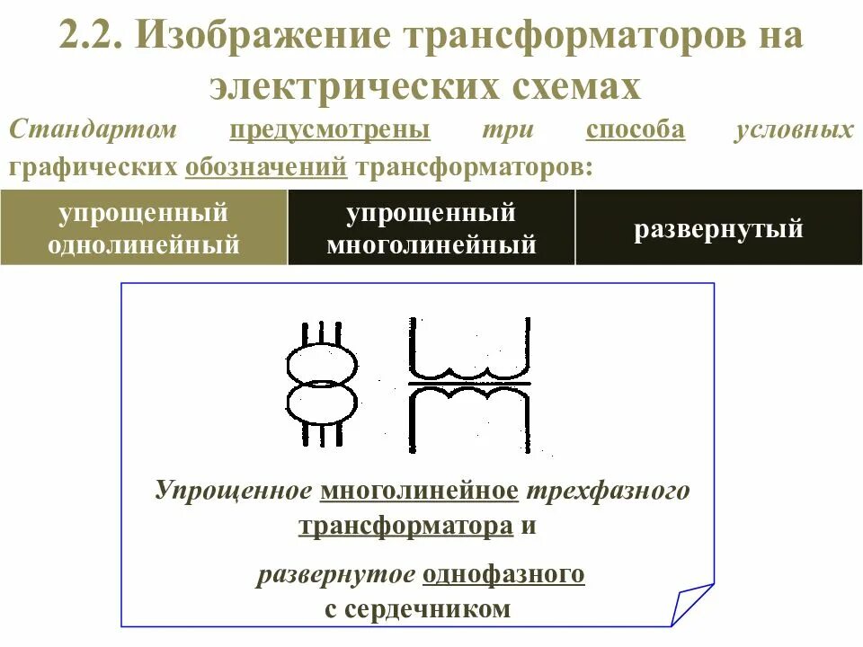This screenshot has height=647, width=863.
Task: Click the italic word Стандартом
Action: tap(93, 130)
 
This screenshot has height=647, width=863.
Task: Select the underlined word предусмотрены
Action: tap(329, 130)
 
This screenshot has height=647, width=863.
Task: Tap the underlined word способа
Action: tap(635, 130)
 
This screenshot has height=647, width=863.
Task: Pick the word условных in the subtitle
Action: tap(794, 130)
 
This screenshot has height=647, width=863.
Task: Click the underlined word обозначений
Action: tap(266, 167)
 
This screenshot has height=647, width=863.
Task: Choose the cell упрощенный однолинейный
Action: tap(144, 228)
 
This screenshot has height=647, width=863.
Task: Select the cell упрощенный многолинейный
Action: tap(431, 228)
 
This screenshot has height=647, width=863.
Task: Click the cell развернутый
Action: tap(718, 229)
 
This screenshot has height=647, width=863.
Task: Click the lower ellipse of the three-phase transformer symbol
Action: tap(321, 402)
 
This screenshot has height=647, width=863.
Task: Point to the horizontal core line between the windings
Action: tap(469, 385)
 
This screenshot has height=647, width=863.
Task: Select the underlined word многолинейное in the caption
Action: tap(419, 491)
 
